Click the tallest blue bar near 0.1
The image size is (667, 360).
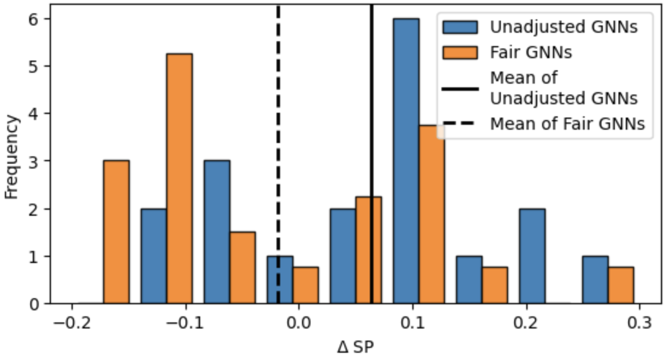(x=406, y=161)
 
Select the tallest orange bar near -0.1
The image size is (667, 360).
(x=179, y=178)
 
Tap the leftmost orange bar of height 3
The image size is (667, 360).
(x=116, y=232)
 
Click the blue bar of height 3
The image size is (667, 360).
(x=217, y=232)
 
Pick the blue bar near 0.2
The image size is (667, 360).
(x=532, y=256)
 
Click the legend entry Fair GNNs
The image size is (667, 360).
(x=531, y=52)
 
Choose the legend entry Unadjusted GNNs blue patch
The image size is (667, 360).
(x=460, y=27)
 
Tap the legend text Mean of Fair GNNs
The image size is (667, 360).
(x=567, y=124)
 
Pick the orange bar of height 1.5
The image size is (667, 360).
(x=243, y=267)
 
